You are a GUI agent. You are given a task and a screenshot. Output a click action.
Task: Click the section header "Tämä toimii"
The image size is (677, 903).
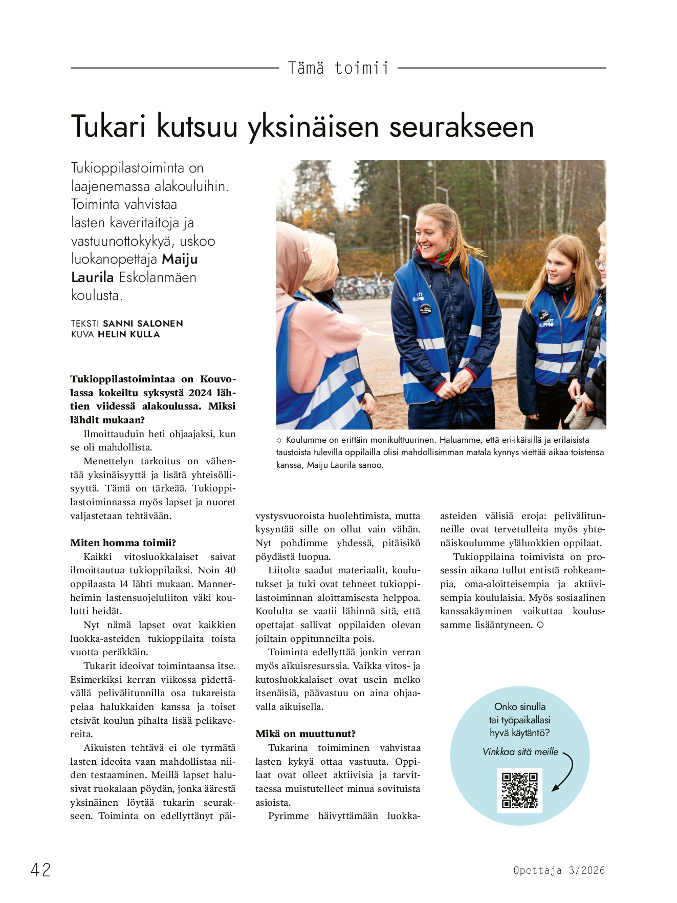pos(338,68)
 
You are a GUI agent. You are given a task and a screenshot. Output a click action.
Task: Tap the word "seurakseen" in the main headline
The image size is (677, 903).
pos(461,127)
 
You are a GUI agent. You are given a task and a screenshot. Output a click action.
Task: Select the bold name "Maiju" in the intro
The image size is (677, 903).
pos(180,259)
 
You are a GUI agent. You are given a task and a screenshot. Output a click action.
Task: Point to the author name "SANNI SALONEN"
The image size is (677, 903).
pos(143,324)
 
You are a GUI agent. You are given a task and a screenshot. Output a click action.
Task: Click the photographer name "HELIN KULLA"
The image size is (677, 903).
pos(129,334)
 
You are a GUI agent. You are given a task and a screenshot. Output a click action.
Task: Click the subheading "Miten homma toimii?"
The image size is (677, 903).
pos(123,543)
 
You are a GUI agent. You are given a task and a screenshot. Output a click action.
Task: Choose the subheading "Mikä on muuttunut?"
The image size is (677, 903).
pos(305,734)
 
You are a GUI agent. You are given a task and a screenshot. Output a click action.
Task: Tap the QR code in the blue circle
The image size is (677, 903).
pos(519,790)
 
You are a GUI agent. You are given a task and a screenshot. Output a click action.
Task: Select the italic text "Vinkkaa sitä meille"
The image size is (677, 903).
pos(520,751)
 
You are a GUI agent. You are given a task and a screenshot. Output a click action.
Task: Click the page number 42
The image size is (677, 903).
pos(41,870)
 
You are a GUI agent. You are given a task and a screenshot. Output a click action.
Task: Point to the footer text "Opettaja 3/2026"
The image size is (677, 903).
pos(559,870)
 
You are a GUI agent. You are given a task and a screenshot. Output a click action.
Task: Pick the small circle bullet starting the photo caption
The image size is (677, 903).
pos(279,440)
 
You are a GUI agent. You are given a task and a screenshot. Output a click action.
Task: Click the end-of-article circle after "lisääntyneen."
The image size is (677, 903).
pos(540,625)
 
